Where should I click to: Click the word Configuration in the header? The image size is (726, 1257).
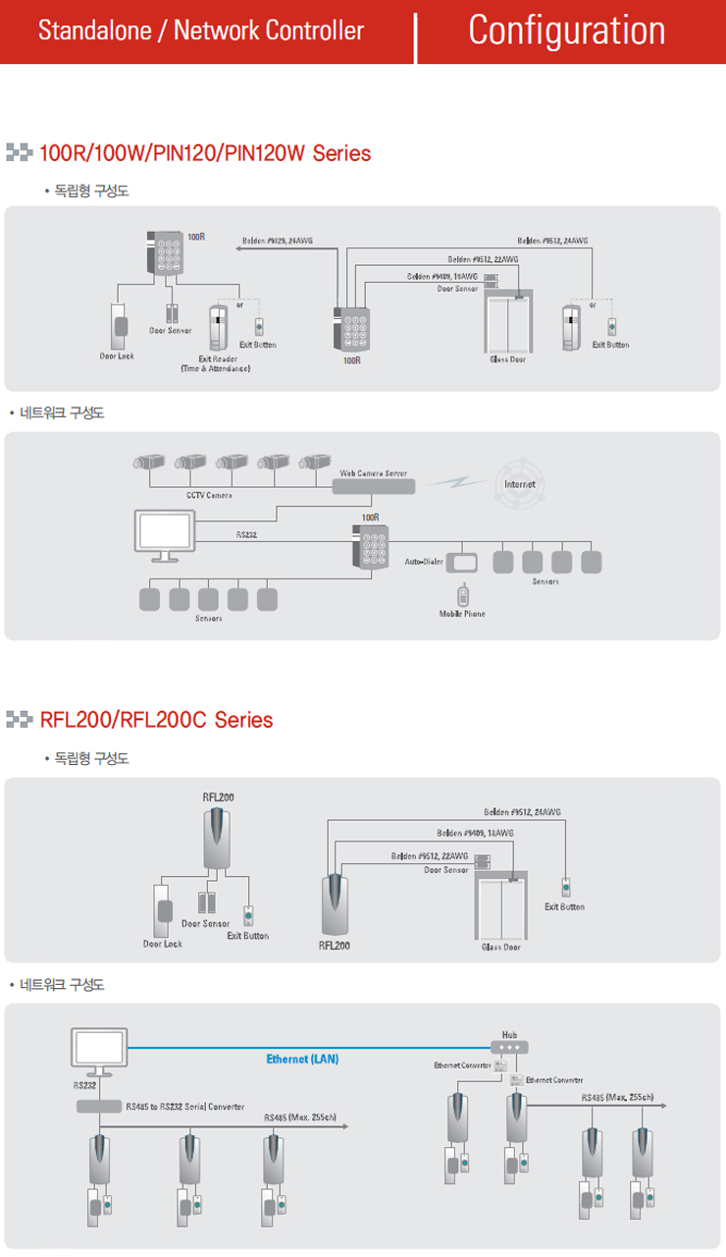566,30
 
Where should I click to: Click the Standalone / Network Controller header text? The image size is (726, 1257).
200,31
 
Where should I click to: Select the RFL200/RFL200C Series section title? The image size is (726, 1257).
156,720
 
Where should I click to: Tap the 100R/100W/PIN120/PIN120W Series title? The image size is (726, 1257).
205,153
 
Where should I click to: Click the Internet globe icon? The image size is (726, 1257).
519,483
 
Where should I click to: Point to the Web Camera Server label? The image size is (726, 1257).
373,473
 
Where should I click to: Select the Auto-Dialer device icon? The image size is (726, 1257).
462,562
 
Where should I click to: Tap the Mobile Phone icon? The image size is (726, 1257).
462,595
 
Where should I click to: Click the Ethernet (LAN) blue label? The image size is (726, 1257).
302,1060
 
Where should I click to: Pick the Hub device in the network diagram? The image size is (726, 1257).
508,1047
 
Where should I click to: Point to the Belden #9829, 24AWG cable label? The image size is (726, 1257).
278,241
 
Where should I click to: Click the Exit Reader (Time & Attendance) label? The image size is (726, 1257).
216,364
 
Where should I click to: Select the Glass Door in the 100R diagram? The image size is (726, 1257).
509,324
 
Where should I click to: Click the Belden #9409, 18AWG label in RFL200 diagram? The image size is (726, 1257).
475,833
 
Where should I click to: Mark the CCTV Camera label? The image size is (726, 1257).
209,496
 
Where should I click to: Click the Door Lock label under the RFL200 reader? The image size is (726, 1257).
163,944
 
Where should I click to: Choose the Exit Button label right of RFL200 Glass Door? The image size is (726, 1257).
564,906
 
